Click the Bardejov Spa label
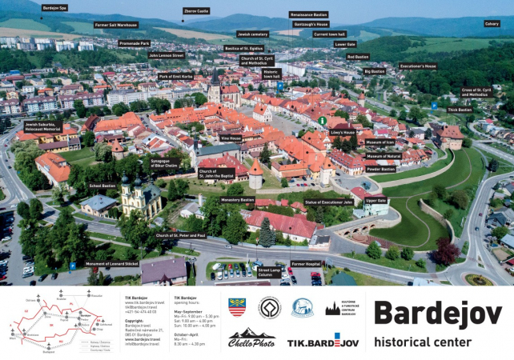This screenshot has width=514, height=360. [x=55, y=8]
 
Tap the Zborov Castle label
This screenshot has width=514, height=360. [x=196, y=11]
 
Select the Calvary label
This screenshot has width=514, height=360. [x=491, y=24]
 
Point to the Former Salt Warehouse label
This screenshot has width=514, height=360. [x=117, y=25]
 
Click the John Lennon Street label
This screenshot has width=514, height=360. [x=166, y=55]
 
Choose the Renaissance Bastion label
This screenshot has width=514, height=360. [x=308, y=14]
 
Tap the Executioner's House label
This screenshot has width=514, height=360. [x=418, y=66]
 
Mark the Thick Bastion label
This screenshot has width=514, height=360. [x=460, y=110]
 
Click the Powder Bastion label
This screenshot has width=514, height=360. [x=380, y=169]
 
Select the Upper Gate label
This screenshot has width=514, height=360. [x=375, y=201]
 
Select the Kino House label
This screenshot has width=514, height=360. [x=231, y=138]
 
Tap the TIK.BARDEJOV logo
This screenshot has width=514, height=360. [x=323, y=342]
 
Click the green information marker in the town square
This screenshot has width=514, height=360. [x=321, y=121]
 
